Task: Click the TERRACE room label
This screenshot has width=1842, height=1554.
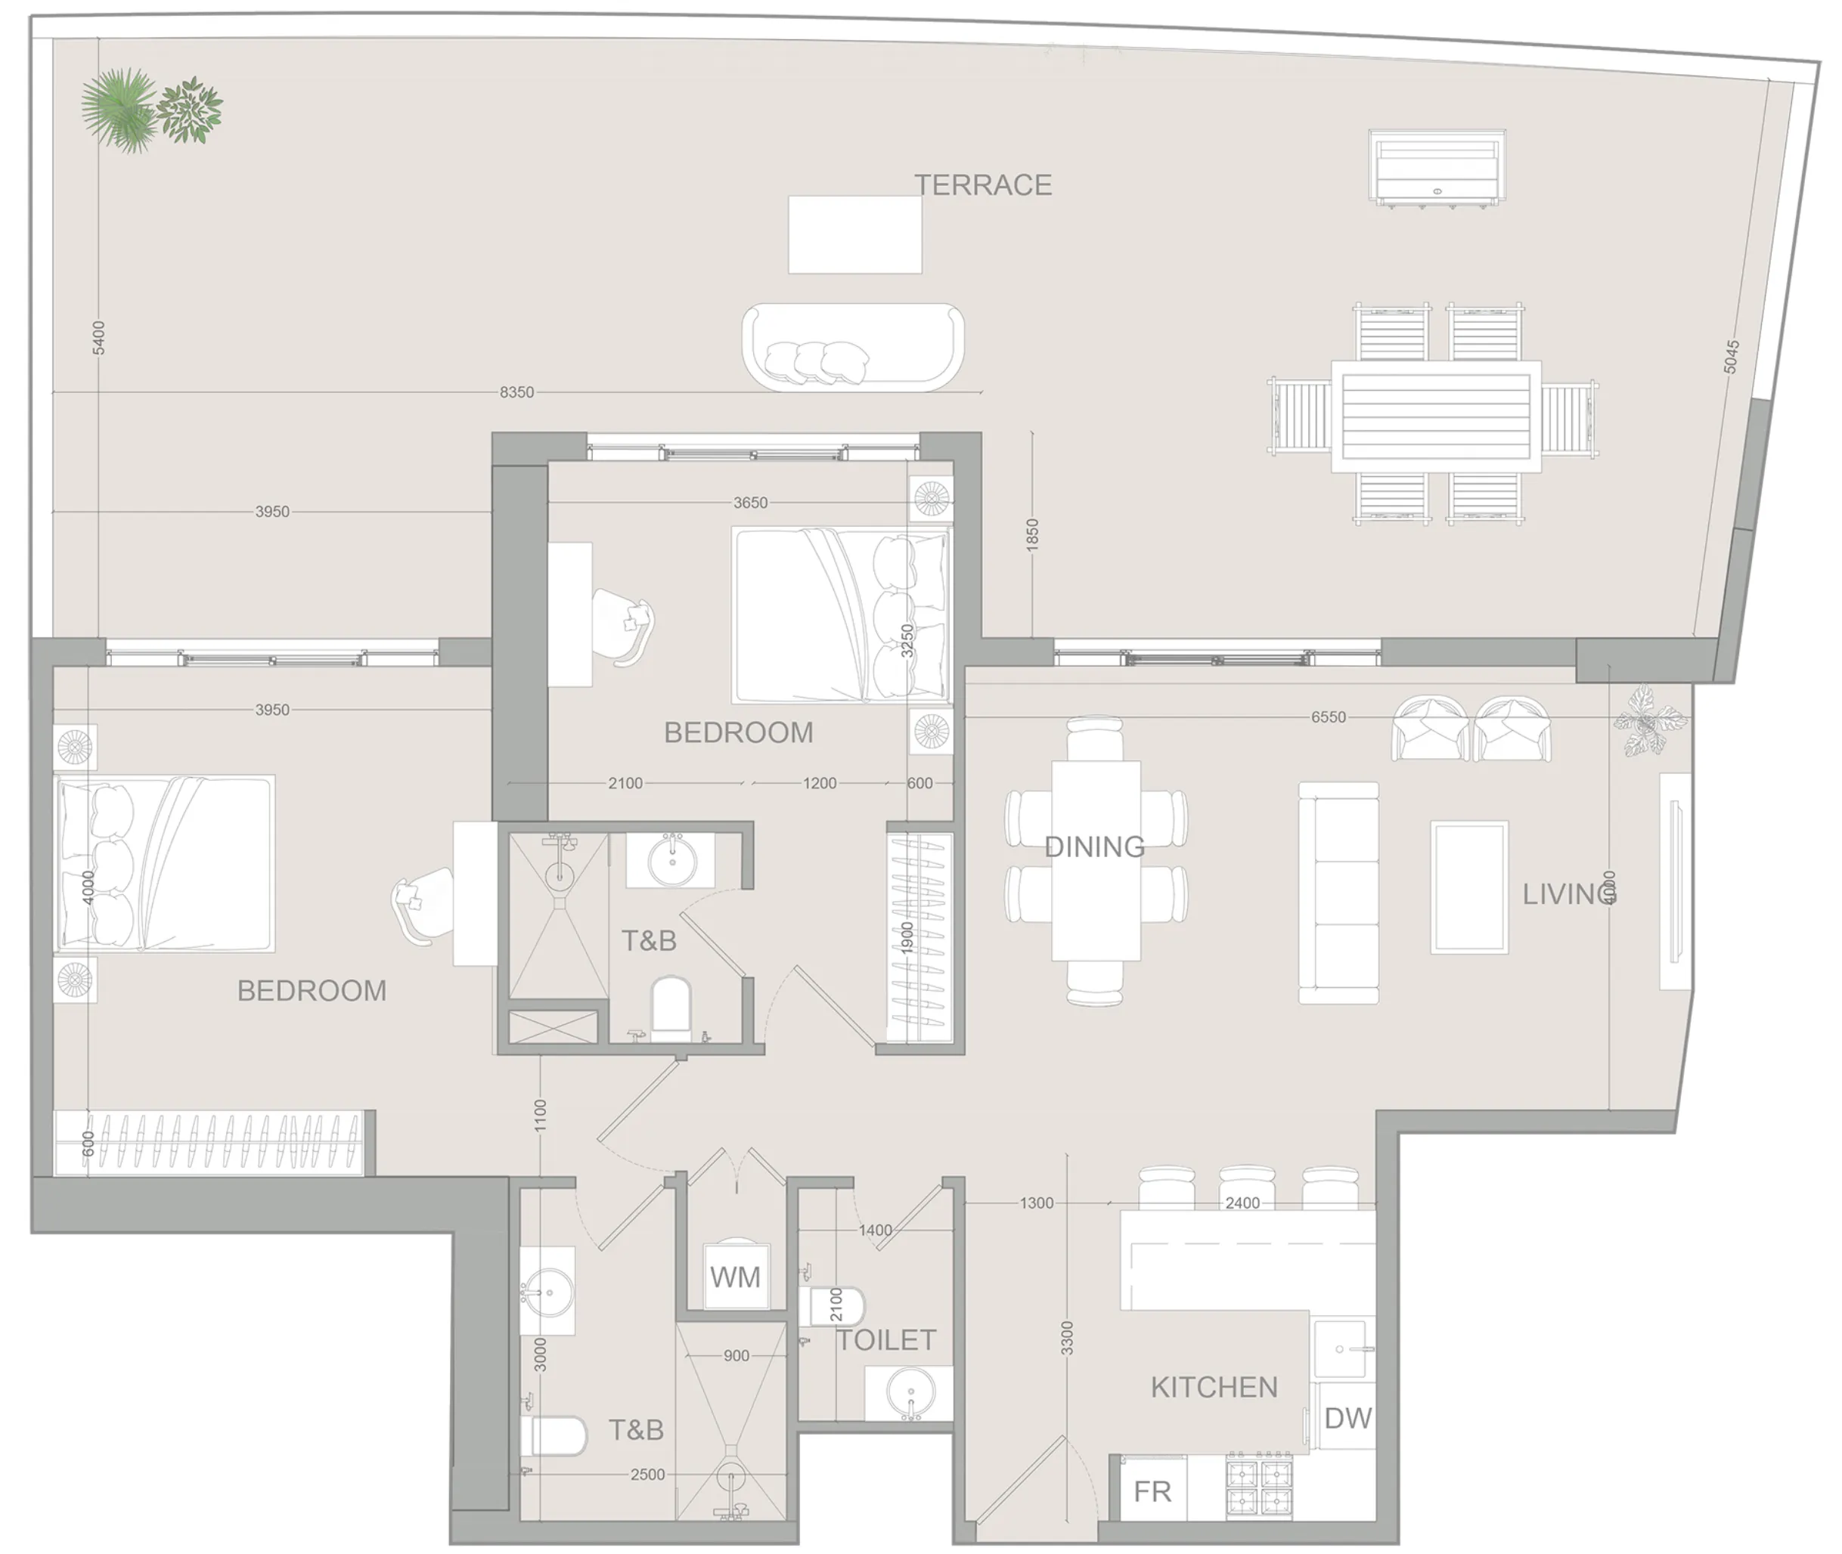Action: coord(983,185)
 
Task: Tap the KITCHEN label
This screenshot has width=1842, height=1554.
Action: coord(1214,1388)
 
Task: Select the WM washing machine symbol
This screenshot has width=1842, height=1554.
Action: coord(735,1277)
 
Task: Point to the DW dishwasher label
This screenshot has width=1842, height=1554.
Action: coord(1347,1419)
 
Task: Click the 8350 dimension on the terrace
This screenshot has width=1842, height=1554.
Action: coord(516,392)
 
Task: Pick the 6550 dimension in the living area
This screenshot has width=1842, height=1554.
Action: coord(1328,717)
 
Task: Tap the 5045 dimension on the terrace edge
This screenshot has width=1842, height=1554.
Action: coord(1731,357)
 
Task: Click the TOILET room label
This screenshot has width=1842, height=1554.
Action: coord(885,1340)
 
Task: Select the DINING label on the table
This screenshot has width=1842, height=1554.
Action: coord(1095,847)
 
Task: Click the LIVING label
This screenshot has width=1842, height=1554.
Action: coord(1569,894)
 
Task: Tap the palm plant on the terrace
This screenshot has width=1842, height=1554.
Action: coord(119,110)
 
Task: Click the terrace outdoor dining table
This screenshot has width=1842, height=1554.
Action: coord(1436,416)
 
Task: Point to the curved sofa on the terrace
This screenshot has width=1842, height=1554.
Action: coord(852,347)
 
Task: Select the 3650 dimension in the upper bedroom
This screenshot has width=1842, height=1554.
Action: coord(750,503)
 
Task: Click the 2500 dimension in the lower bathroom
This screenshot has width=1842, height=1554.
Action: coord(647,1475)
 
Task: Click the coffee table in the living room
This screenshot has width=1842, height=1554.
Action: coord(1468,887)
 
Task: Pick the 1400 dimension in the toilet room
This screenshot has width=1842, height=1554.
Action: coord(875,1230)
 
